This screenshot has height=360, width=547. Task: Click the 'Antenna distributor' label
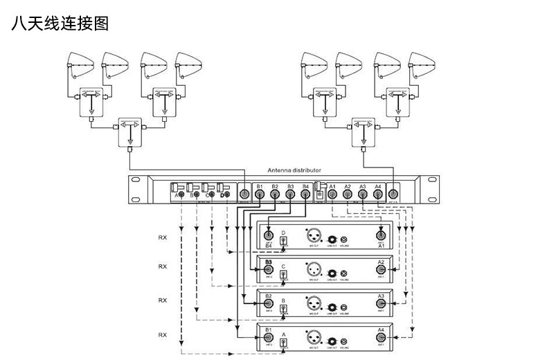pyautogui.click(x=294, y=170)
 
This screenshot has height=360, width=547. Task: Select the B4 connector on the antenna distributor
pyautogui.click(x=305, y=196)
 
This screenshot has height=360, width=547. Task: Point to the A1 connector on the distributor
pyautogui.click(x=332, y=196)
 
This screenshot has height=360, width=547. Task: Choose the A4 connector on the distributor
pyautogui.click(x=377, y=196)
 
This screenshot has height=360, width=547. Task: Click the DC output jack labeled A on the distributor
pyautogui.click(x=181, y=196)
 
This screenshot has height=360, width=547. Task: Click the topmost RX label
pyautogui.click(x=163, y=237)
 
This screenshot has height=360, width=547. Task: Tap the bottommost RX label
pyautogui.click(x=163, y=334)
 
